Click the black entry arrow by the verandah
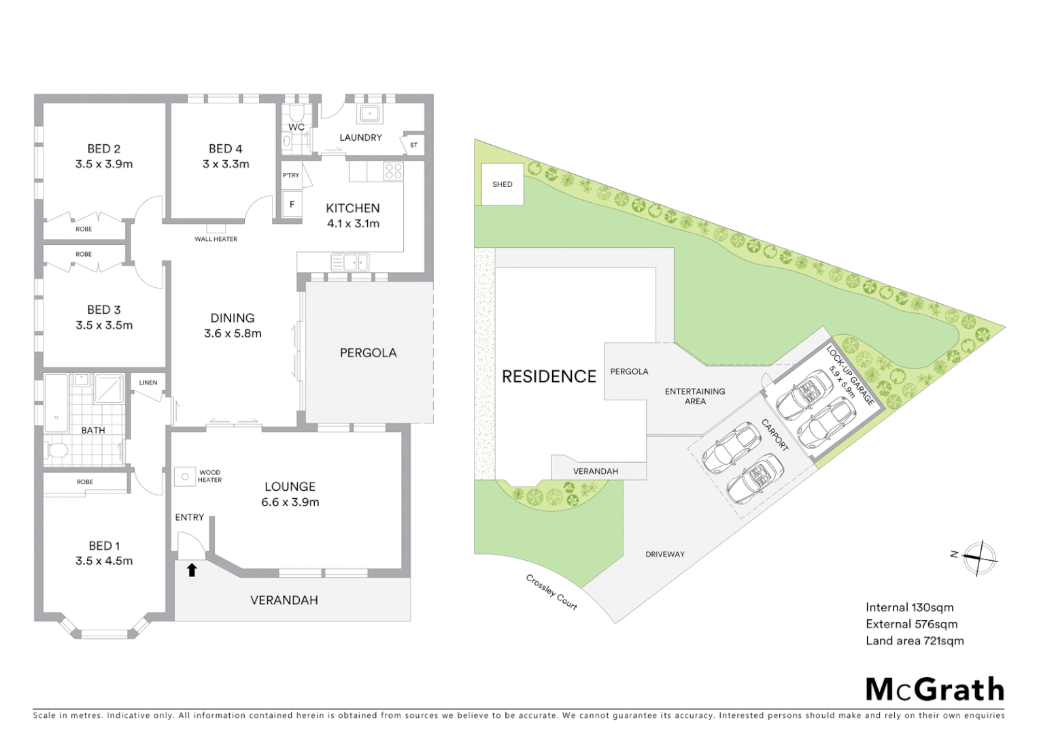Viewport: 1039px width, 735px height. [x=192, y=570]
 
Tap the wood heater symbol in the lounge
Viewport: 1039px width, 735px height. [x=184, y=476]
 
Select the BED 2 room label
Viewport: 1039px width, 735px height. [x=103, y=148]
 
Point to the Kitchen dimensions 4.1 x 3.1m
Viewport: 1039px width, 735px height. [x=353, y=224]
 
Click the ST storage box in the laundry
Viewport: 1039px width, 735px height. [x=413, y=145]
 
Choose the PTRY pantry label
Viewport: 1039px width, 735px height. [x=291, y=175]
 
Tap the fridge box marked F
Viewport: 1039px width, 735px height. [x=292, y=204]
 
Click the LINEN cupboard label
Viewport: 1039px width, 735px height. [x=148, y=382]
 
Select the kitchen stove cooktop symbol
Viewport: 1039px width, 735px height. [x=393, y=171]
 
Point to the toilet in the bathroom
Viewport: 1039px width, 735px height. [x=56, y=451]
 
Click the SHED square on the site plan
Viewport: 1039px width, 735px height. [x=503, y=184]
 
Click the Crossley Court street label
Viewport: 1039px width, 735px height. [x=551, y=592]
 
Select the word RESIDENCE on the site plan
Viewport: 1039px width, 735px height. [x=549, y=376]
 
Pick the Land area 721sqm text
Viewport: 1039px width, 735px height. [x=915, y=640]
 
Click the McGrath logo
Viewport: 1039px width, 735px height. [x=935, y=689]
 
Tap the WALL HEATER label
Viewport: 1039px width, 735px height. [x=216, y=239]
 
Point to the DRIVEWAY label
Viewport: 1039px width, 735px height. [x=664, y=554]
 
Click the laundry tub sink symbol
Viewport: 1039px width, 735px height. [x=370, y=113]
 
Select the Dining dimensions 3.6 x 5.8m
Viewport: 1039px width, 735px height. [x=233, y=333]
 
